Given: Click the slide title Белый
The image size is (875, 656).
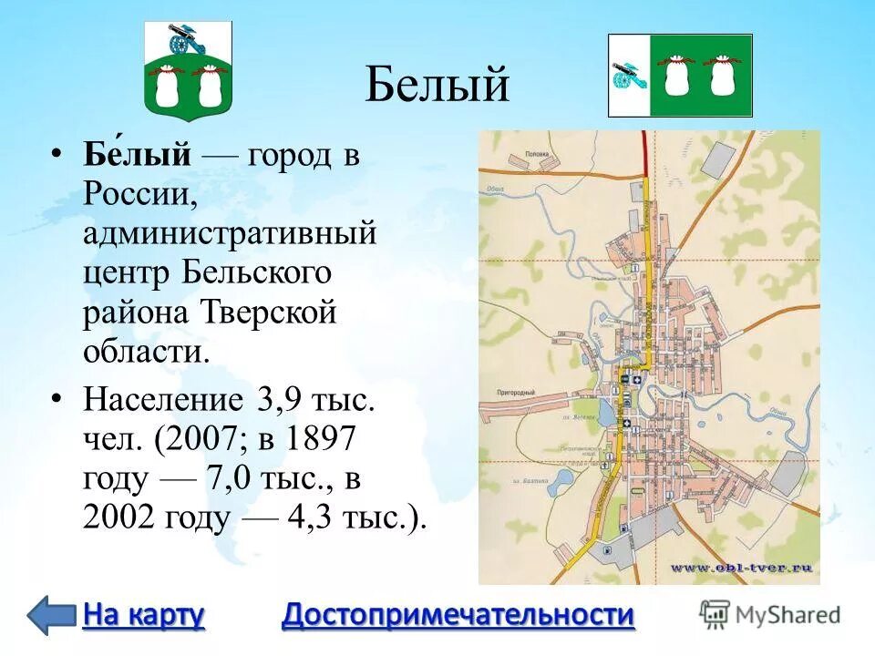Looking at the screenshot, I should tap(437, 85).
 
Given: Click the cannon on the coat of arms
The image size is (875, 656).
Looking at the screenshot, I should tap(181, 41).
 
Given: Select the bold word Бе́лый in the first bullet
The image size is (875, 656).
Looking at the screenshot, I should tap(139, 155).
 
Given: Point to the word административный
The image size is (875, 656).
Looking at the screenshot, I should tap(230, 233).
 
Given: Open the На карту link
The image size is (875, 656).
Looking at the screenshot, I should tap(143, 615).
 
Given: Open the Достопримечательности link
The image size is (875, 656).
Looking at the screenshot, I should tap(458, 615).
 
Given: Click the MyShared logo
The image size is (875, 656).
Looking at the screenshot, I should tap(771, 613).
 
